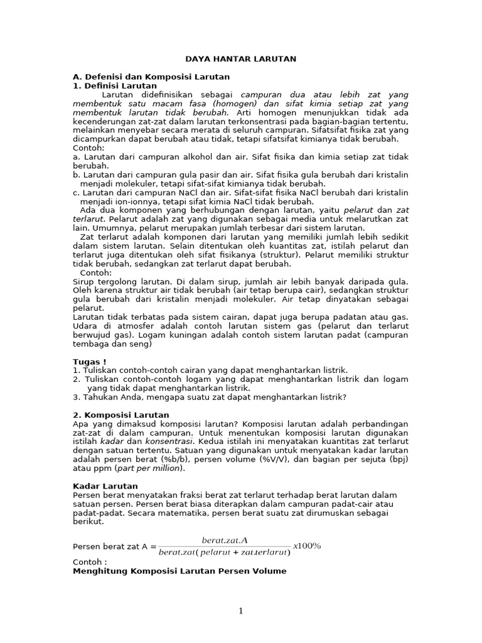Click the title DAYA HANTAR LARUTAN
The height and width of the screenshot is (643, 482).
(x=240, y=58)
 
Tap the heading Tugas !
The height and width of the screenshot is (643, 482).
(x=90, y=362)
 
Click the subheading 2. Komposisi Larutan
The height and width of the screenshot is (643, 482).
(x=121, y=415)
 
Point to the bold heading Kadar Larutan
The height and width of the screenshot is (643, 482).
(x=105, y=486)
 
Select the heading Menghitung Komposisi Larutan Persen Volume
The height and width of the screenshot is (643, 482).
(x=179, y=571)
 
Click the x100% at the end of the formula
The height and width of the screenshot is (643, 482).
(x=307, y=545)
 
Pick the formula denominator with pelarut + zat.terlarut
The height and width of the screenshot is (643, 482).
(x=225, y=552)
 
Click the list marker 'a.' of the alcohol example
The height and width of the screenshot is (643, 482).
(x=76, y=156)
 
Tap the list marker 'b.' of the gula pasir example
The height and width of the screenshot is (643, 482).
(x=76, y=175)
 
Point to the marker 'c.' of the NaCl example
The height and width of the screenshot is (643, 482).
(x=76, y=192)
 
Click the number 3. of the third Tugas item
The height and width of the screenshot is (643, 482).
(x=76, y=397)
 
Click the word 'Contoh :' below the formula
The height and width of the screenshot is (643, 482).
(x=90, y=562)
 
